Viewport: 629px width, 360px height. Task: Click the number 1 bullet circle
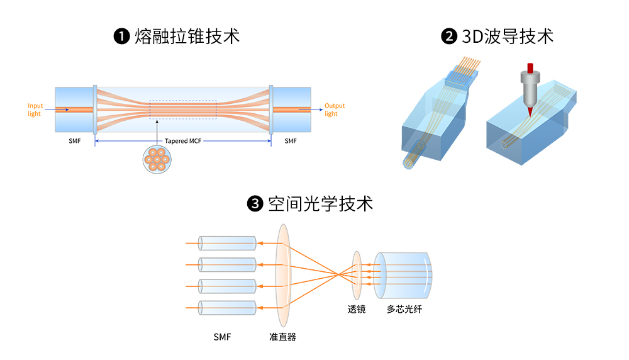(x=121, y=37)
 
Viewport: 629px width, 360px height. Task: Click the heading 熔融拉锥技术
(x=187, y=37)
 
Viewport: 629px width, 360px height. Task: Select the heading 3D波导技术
(x=508, y=37)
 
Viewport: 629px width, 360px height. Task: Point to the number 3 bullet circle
(x=255, y=204)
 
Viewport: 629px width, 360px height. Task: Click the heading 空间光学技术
(x=320, y=204)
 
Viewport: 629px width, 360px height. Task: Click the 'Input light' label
(x=35, y=110)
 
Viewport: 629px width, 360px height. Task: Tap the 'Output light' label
(x=335, y=110)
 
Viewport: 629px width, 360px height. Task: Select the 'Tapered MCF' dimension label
(x=182, y=141)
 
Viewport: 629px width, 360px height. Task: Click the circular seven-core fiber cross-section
(x=156, y=160)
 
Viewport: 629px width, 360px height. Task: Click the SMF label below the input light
(x=75, y=141)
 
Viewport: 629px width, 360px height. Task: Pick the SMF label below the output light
(x=290, y=141)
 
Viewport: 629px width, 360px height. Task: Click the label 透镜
(x=357, y=309)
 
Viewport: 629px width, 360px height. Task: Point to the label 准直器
(x=282, y=337)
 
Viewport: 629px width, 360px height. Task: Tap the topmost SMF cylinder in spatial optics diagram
(x=226, y=243)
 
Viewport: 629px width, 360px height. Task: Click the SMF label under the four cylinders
(x=222, y=337)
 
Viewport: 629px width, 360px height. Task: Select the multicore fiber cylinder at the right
(x=403, y=275)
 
